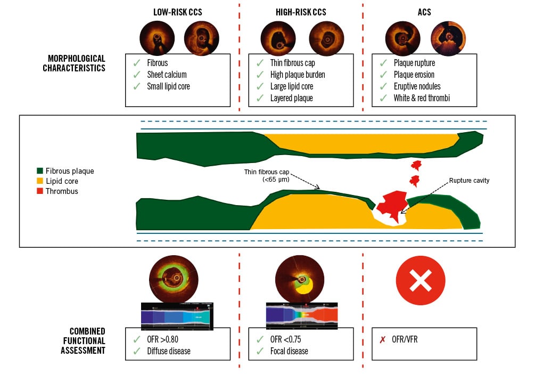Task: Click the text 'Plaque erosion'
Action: [414, 75]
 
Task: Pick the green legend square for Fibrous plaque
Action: [40, 172]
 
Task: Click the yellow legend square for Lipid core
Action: [40, 181]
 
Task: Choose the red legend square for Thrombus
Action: [40, 191]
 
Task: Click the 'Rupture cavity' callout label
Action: [468, 181]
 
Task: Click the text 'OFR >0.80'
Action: [164, 339]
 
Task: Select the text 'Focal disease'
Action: [290, 351]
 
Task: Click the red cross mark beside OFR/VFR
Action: [382, 339]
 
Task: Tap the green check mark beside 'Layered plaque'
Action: [260, 98]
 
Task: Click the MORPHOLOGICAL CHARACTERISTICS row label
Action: [74, 63]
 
